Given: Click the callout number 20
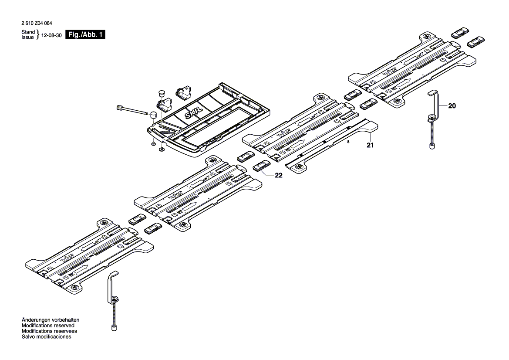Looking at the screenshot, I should (x=452, y=105).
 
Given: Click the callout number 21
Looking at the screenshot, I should (x=370, y=146).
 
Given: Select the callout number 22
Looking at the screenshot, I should (x=279, y=175).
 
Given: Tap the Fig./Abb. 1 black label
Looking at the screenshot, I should (x=85, y=35).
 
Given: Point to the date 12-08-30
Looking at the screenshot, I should (x=51, y=35).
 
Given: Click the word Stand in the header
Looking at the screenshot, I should (x=28, y=33).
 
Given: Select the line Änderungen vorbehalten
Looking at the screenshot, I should (x=51, y=320).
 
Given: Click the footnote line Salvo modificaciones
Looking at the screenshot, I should (x=46, y=337).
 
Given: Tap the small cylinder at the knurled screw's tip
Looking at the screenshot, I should (x=154, y=115).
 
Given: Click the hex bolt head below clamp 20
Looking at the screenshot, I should (x=432, y=146).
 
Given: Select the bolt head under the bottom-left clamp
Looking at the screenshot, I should (x=115, y=326).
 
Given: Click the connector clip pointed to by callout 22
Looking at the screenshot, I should (x=261, y=166).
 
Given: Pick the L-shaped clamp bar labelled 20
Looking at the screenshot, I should (x=435, y=102).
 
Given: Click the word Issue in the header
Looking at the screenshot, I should (x=28, y=37).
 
